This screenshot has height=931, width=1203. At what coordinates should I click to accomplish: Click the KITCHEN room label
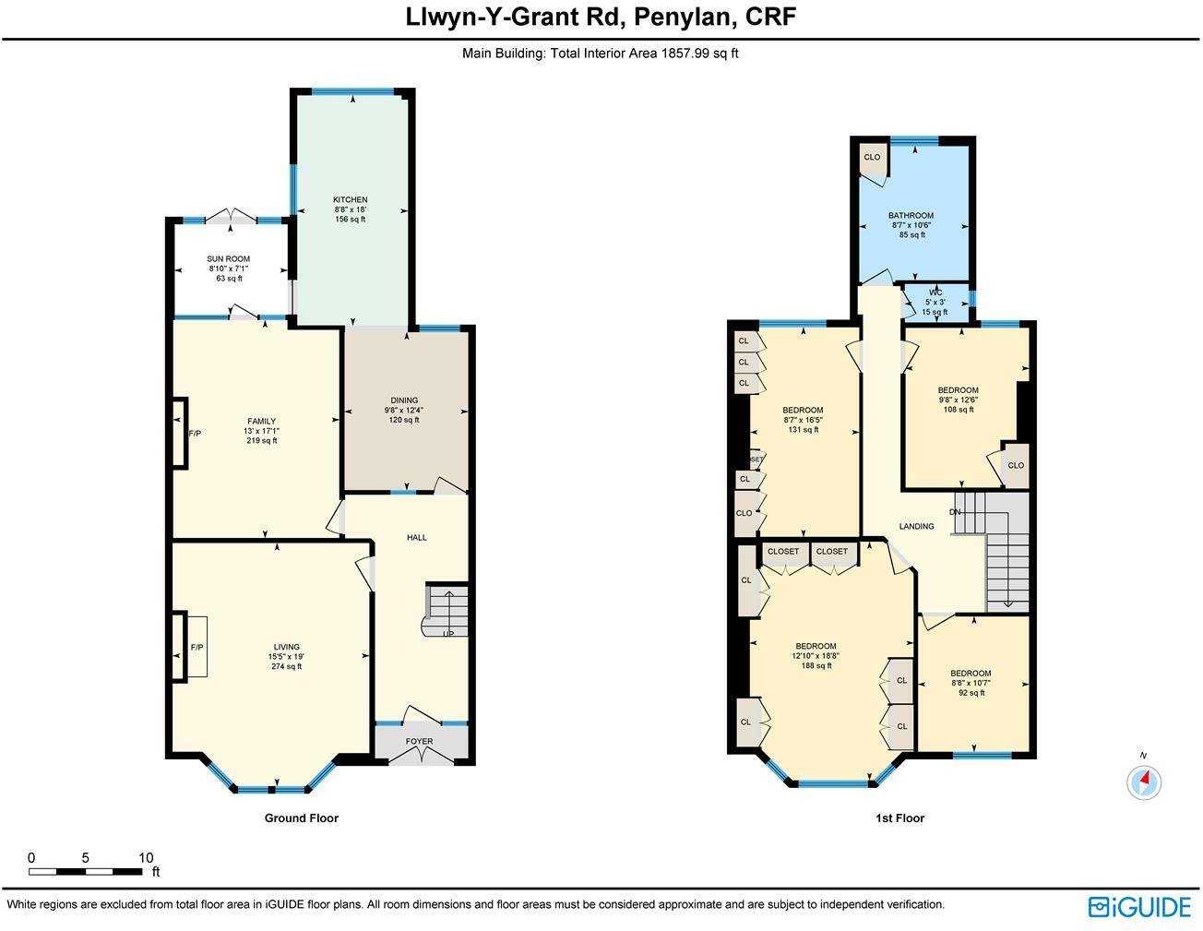351,200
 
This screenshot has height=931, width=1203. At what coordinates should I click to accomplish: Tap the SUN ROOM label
228,259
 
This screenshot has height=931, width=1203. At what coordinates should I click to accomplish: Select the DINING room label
403,400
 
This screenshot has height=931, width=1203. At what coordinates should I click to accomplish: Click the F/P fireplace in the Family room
194,433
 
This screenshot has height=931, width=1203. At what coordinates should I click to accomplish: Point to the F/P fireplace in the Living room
196,648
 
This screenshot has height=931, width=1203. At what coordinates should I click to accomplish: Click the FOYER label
419,741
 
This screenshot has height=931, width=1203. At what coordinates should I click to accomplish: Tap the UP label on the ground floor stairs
448,634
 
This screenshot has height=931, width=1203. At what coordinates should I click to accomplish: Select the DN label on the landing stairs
955,512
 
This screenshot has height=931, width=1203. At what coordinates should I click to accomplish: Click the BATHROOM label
911,216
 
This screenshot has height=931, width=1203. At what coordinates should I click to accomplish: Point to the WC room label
935,292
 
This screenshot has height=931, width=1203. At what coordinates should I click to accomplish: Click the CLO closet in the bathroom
872,158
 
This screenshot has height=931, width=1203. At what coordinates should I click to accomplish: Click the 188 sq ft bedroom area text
816,665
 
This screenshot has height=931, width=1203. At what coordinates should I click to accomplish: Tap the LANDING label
916,527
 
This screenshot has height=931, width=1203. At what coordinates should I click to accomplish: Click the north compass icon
1144,782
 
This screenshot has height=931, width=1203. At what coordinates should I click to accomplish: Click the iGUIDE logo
1139,907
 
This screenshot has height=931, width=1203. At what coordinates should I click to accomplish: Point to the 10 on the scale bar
145,858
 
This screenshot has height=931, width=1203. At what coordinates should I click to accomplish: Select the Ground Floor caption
301,818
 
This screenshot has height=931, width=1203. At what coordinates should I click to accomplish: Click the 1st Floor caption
899,818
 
